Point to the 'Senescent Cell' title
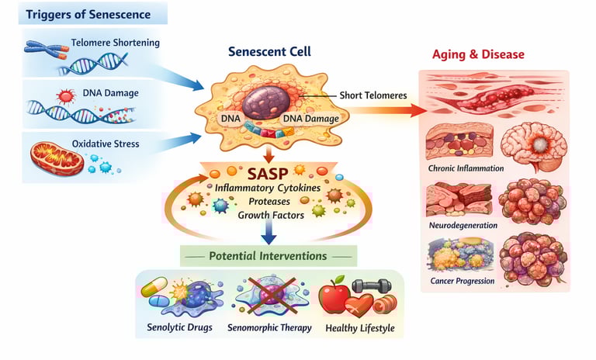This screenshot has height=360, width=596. click(269, 52)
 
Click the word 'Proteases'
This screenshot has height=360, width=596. click(269, 200)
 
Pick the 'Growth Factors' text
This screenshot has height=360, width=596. click(269, 214)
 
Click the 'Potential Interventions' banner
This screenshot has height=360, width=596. click(269, 256)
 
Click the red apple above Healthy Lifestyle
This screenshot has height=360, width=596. click(334, 298)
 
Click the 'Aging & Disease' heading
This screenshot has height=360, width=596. click(478, 55)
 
